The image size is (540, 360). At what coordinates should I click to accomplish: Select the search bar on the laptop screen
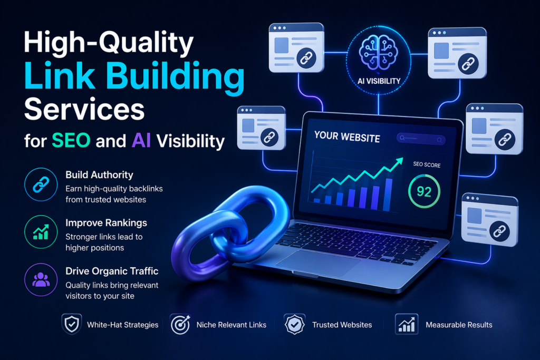pos(421,139)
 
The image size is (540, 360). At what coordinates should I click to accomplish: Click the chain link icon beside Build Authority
pos(41,184)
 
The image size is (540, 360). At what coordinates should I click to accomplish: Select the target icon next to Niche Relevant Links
pos(179,324)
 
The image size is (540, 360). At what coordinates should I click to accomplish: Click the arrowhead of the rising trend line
pos(397,163)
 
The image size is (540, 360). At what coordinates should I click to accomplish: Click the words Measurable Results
pos(459,325)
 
